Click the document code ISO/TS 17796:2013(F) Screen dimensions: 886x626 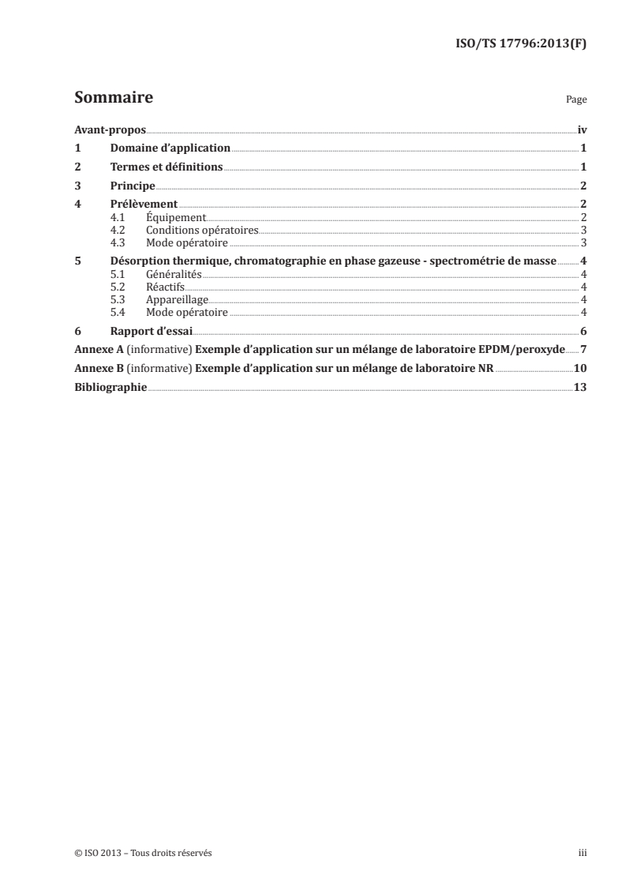click(523, 44)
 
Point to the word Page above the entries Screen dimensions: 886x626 click(576, 101)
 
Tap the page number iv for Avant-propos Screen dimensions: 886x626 click(582, 130)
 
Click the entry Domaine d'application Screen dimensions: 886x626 click(170, 148)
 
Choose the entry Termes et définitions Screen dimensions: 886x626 click(167, 167)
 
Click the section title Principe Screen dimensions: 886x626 click(133, 186)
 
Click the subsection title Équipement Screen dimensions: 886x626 click(176, 217)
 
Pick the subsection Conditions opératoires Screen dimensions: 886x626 click(203, 230)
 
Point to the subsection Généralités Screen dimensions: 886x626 click(174, 274)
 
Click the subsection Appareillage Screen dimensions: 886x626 click(178, 299)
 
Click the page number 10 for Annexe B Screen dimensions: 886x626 click(579, 368)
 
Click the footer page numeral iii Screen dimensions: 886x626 click(583, 854)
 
